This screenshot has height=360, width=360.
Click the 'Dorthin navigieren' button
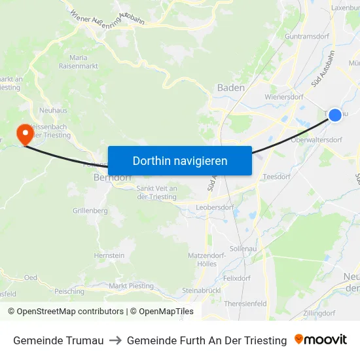pos(180,160)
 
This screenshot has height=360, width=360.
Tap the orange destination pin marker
pos(26,134)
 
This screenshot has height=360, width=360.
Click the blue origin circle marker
pos(334,115)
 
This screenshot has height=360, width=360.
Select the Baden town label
pos(230,88)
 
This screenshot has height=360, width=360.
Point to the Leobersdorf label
pos(215,207)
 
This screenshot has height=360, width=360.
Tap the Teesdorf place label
pos(276,177)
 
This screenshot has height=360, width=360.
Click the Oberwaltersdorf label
pos(316,139)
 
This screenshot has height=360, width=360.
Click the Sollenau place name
pos(243,249)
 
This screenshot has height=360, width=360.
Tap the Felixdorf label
pos(237,278)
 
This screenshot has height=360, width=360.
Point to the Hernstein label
pos(109,255)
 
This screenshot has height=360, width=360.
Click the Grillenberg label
pos(90,211)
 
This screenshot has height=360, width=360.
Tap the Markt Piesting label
pos(131,286)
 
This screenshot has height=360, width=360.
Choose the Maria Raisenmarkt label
pos(78,62)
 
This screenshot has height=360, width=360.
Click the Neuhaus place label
pos(54,111)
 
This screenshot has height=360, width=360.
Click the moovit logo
pos(321,340)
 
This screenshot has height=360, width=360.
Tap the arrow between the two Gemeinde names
pos(115,340)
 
